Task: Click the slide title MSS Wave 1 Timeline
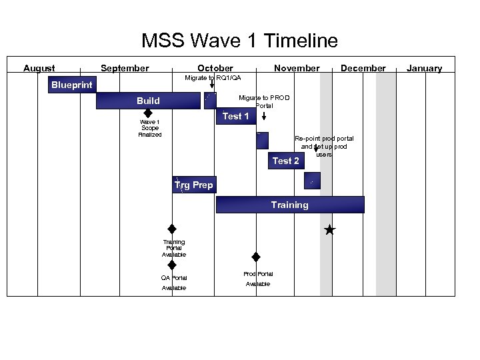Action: [239, 41]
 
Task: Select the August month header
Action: [39, 68]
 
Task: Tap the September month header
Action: [125, 68]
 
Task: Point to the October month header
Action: [215, 68]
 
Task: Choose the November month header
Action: [297, 68]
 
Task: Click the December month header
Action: [363, 68]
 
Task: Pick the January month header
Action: [424, 68]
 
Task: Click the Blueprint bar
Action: [72, 85]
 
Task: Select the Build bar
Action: [148, 101]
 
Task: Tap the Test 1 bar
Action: [235, 116]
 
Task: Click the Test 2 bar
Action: [285, 161]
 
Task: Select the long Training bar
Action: [290, 205]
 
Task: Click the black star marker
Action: [329, 230]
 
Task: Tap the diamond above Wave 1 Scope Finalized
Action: [149, 113]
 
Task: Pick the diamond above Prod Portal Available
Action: [255, 257]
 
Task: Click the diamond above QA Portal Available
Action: [172, 265]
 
